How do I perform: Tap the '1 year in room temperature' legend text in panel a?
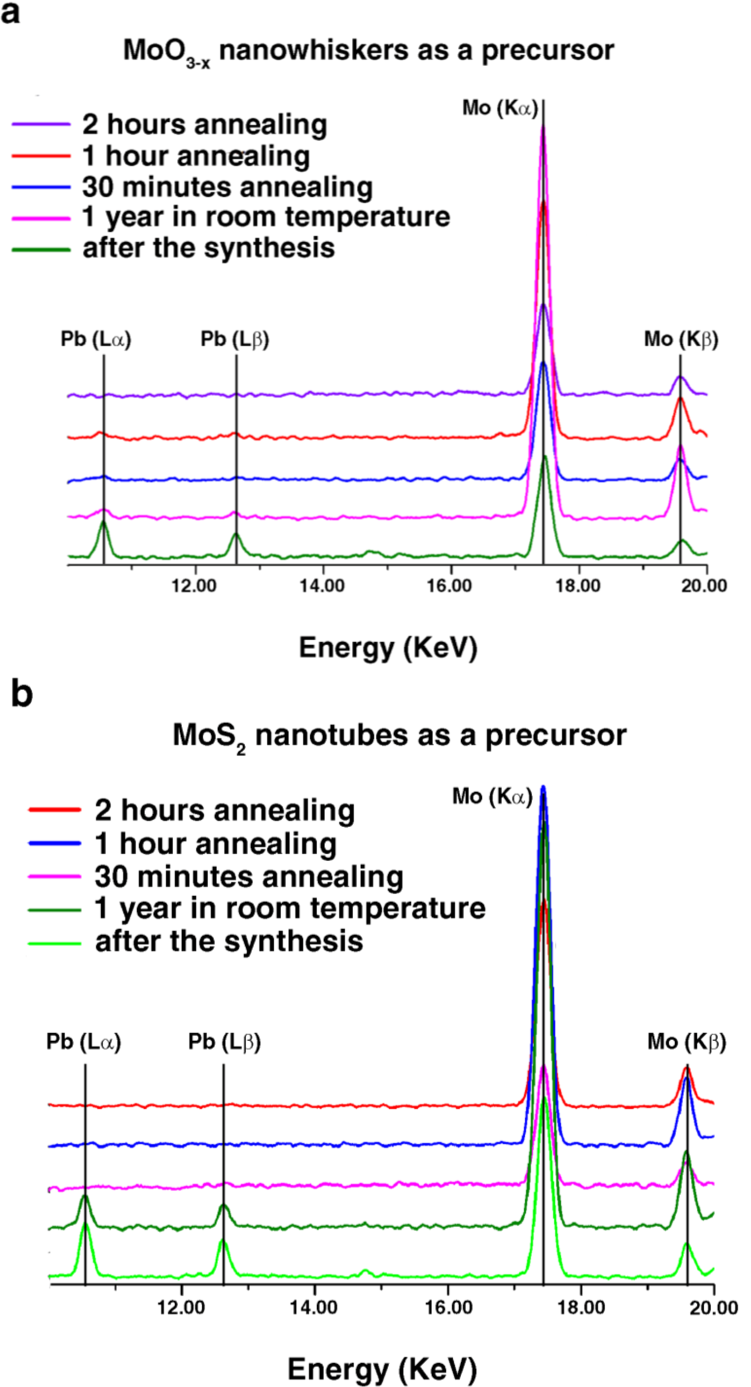tap(266, 217)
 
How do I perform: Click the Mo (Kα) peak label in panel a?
tap(500, 108)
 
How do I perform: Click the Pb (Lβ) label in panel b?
tap(224, 1042)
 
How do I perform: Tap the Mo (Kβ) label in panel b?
tap(687, 1042)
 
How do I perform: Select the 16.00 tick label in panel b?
tap(449, 1307)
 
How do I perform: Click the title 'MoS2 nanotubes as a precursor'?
tap(399, 736)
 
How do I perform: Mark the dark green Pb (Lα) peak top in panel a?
tap(103, 521)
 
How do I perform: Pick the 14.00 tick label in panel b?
tap(314, 1307)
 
